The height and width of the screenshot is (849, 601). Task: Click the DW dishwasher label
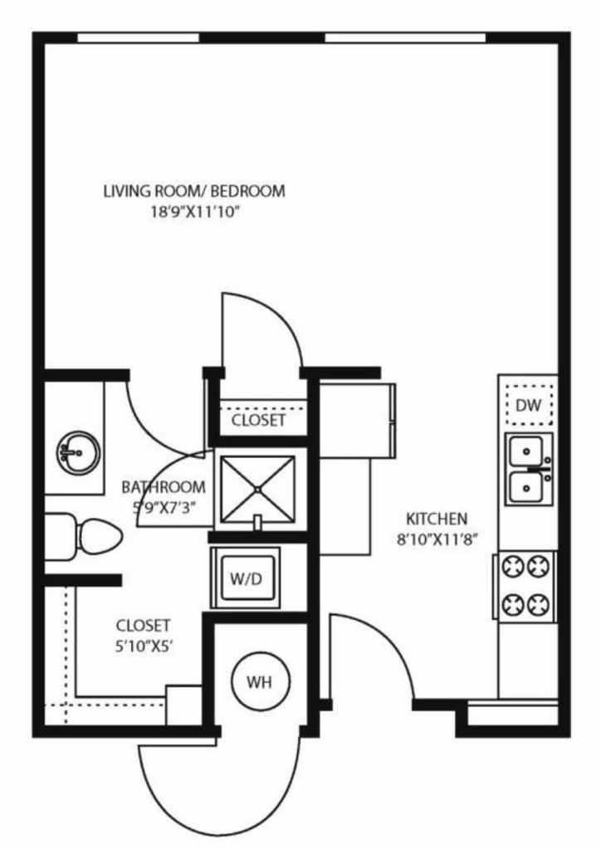tap(528, 405)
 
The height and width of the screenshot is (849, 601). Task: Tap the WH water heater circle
tap(260, 681)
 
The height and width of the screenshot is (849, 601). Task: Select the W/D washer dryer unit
tap(246, 578)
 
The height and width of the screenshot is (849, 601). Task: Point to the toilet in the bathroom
tap(83, 537)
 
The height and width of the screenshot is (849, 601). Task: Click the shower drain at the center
tap(257, 490)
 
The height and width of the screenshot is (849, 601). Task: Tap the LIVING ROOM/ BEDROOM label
tap(194, 191)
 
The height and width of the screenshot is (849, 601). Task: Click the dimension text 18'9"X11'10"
tap(194, 212)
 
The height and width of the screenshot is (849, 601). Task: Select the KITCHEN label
tap(437, 519)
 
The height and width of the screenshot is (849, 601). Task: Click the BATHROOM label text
tap(163, 487)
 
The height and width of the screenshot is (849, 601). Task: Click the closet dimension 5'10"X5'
tap(144, 647)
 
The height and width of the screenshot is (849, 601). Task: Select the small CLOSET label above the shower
tap(258, 420)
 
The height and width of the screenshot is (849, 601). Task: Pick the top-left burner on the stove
tap(511, 566)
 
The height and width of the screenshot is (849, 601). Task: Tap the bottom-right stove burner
tap(540, 603)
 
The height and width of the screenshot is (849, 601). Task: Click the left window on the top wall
tap(138, 38)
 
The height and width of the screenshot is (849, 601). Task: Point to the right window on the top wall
tap(405, 38)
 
